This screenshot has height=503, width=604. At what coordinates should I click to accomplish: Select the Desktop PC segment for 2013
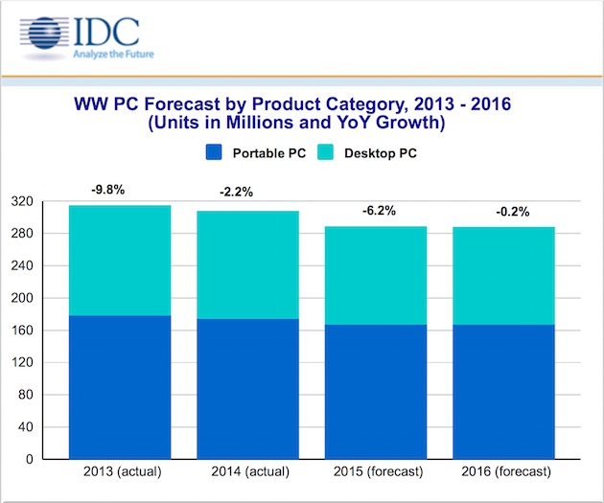click(x=120, y=260)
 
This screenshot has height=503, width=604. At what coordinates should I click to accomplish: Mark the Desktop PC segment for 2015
click(x=375, y=275)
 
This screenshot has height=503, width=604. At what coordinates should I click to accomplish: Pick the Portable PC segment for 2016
click(x=503, y=392)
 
